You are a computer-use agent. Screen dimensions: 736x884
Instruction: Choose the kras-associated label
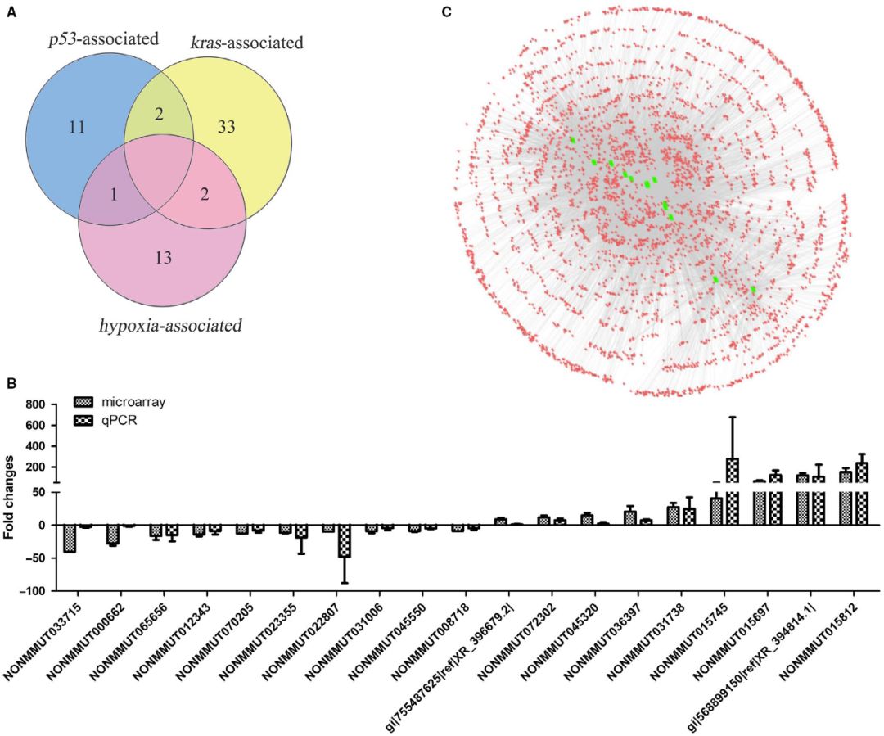[246, 41]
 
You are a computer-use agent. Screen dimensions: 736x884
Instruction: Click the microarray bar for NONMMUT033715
[70, 539]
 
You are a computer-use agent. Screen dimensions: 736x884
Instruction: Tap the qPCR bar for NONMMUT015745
[733, 491]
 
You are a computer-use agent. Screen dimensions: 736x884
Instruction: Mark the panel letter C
[445, 11]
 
